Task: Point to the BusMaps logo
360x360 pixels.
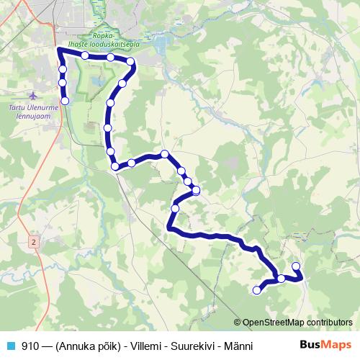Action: (325, 345)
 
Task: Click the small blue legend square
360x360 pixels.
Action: (9, 346)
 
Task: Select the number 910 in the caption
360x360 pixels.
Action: (30, 346)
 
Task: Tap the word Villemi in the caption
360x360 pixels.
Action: (148, 346)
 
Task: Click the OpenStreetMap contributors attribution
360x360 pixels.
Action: (297, 322)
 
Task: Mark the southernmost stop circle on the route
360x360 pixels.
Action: (256, 290)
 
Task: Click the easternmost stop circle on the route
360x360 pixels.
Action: (295, 267)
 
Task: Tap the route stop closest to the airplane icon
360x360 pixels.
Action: (65, 101)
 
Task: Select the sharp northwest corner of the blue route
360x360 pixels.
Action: (58, 50)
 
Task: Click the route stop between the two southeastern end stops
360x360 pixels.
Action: (281, 278)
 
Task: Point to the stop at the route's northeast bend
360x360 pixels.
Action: (130, 62)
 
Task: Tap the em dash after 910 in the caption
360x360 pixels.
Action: (47, 346)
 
